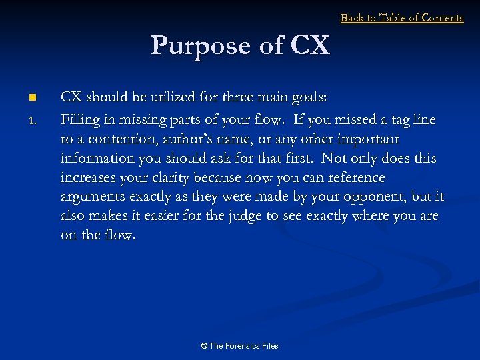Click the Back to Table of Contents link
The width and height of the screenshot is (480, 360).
[402, 18]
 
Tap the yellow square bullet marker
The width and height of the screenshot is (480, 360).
[31, 98]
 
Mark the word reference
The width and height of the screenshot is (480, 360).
[355, 178]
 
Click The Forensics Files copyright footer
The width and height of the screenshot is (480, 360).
[239, 346]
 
